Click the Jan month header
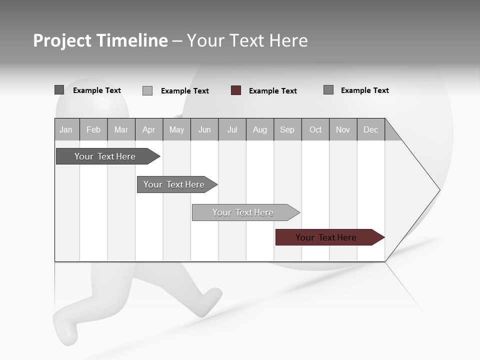(x=66, y=130)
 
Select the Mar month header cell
(x=121, y=130)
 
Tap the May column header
(x=176, y=130)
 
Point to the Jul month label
(x=232, y=130)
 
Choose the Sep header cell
(x=287, y=130)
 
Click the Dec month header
(x=370, y=130)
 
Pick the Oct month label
(x=315, y=130)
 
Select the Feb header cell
(x=93, y=130)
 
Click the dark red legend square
(x=236, y=90)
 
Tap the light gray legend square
(x=147, y=90)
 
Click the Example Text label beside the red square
(x=273, y=91)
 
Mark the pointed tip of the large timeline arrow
(x=439, y=190)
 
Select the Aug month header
(x=259, y=130)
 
